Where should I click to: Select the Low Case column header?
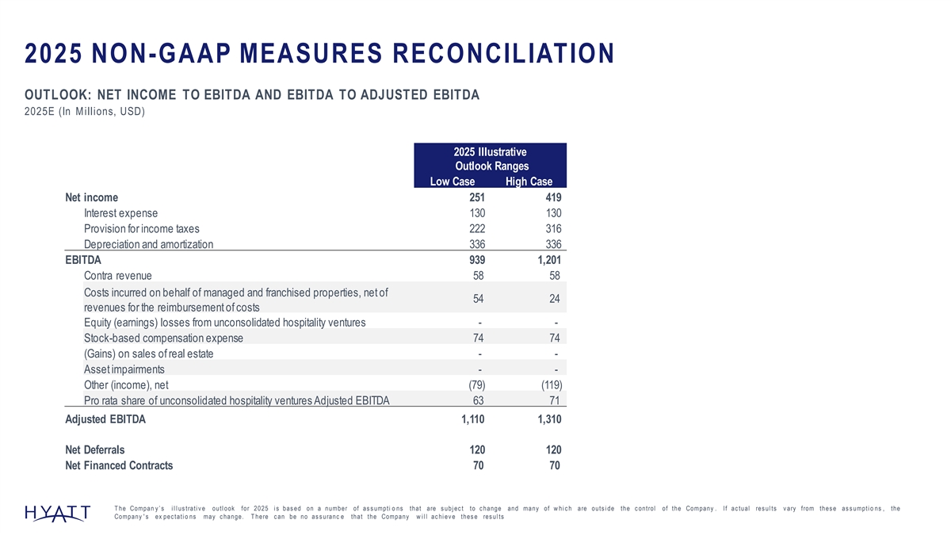[x=452, y=182]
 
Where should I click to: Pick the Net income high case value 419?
[x=552, y=197]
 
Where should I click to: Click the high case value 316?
[x=552, y=228]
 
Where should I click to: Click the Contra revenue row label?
[x=117, y=275]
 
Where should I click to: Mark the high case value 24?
[x=555, y=299]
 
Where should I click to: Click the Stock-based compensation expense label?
[x=163, y=338]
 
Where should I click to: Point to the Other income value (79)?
[x=473, y=385]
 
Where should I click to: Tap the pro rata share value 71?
[x=555, y=400]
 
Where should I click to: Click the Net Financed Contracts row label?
[x=118, y=465]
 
